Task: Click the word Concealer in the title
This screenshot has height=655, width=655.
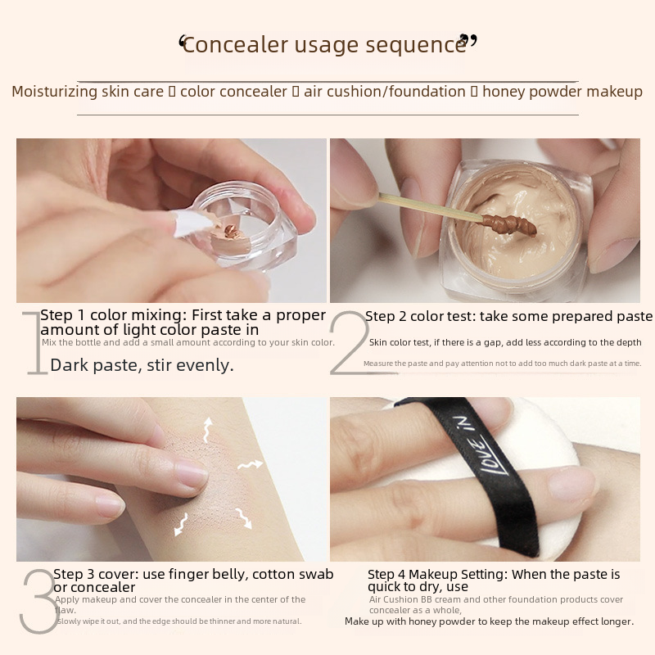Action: click(236, 45)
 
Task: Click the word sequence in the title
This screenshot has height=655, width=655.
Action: click(416, 46)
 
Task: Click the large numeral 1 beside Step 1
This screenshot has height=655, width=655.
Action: click(35, 342)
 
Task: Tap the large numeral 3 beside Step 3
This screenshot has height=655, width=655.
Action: click(38, 601)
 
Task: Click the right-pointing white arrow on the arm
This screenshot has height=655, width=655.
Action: click(251, 464)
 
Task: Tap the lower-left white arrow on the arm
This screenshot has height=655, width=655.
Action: click(181, 525)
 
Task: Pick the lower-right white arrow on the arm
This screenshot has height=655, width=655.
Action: click(244, 518)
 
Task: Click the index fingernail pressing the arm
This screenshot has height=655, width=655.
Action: click(191, 472)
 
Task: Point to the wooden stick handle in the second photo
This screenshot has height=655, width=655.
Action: click(431, 206)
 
